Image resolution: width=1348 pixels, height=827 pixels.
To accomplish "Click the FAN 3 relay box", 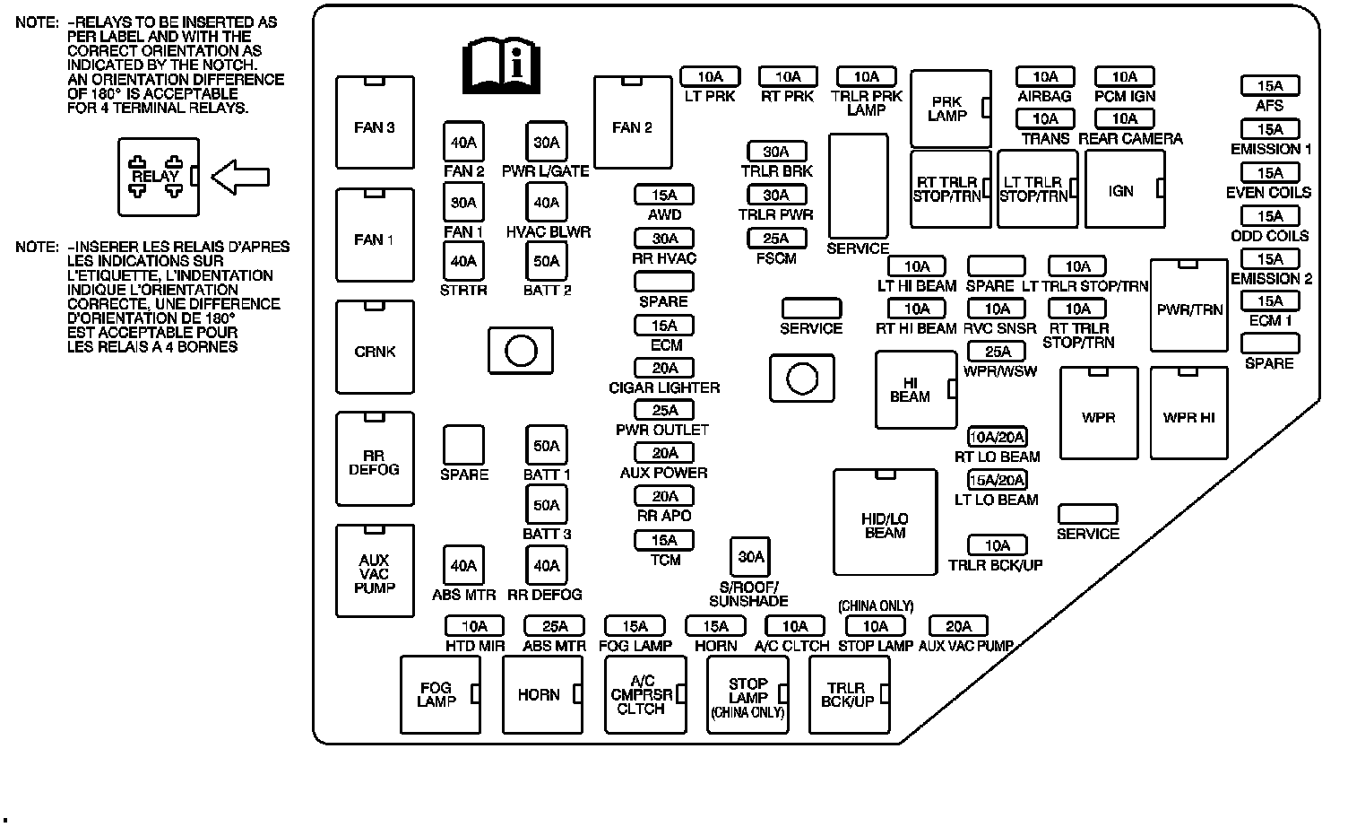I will pos(375,123).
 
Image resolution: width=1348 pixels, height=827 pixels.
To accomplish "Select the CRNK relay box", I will pos(375,347).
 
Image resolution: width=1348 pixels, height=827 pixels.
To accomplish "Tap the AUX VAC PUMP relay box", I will pos(375,571).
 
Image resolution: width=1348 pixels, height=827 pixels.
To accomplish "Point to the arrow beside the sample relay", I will pos(239,177).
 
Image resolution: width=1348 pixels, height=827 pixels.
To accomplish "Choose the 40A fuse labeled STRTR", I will pos(463,262).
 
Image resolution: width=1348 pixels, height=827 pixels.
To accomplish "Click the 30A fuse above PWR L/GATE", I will pos(546,143).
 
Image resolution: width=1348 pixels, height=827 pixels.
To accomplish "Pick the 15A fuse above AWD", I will pos(664,196).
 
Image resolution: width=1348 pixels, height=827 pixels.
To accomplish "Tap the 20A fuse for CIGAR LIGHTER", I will pos(664,368).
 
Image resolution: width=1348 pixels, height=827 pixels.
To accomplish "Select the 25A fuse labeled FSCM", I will pos(776,239).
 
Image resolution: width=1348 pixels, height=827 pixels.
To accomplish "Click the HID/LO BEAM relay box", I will pos(885,522).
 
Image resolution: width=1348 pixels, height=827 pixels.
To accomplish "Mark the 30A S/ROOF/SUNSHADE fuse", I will pos(750,557).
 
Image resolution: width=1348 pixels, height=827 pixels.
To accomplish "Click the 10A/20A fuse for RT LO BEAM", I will pos(997,438).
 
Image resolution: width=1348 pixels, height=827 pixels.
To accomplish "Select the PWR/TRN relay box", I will pos(1188,306).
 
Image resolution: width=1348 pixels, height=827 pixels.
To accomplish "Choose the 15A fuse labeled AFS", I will pos(1270,86).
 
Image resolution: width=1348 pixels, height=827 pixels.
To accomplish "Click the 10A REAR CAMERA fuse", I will pos(1124,119).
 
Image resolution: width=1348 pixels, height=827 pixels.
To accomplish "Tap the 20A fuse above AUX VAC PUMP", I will pos(958,626).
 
